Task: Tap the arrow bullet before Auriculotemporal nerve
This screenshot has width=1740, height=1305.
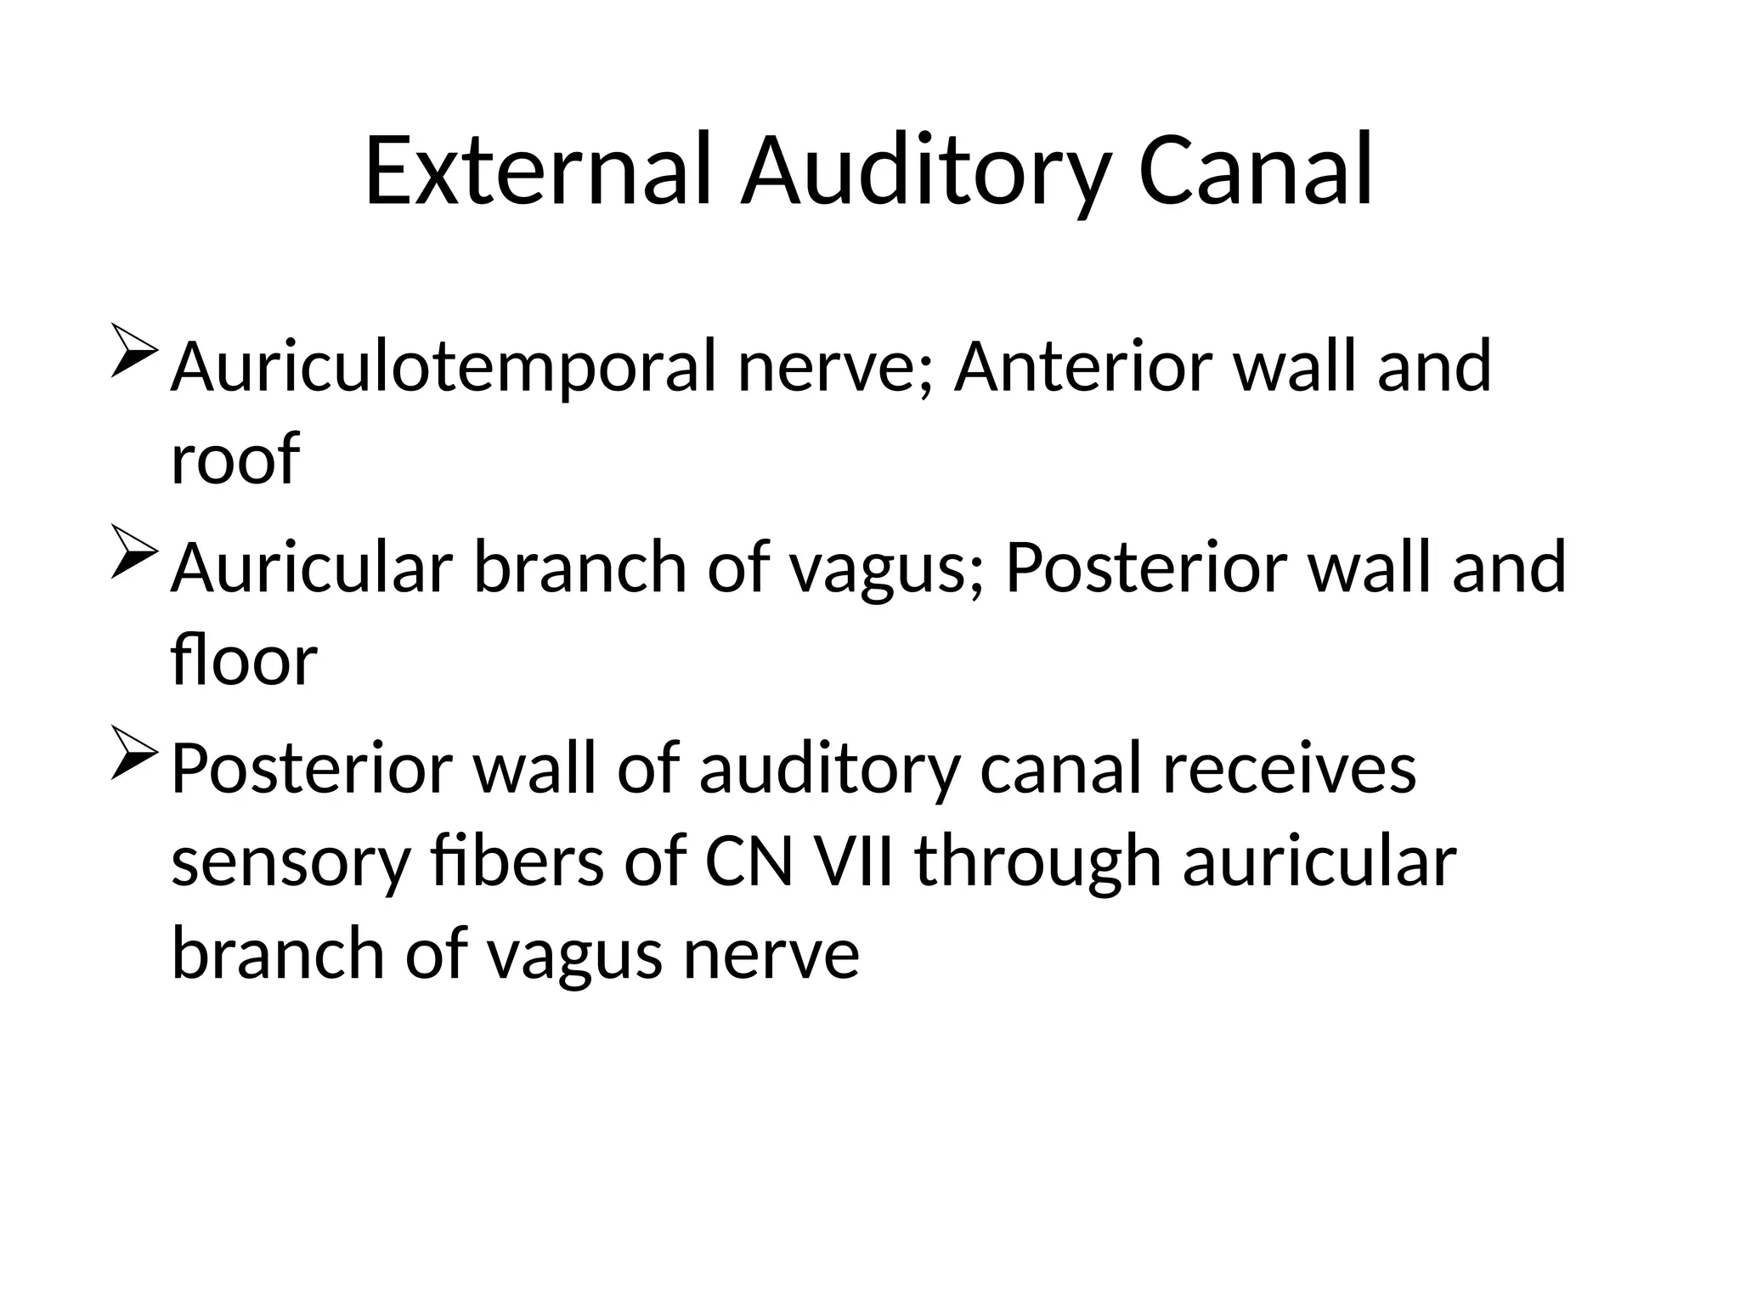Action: pos(133,350)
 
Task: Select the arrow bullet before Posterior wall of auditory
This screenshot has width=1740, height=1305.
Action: pos(133,752)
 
